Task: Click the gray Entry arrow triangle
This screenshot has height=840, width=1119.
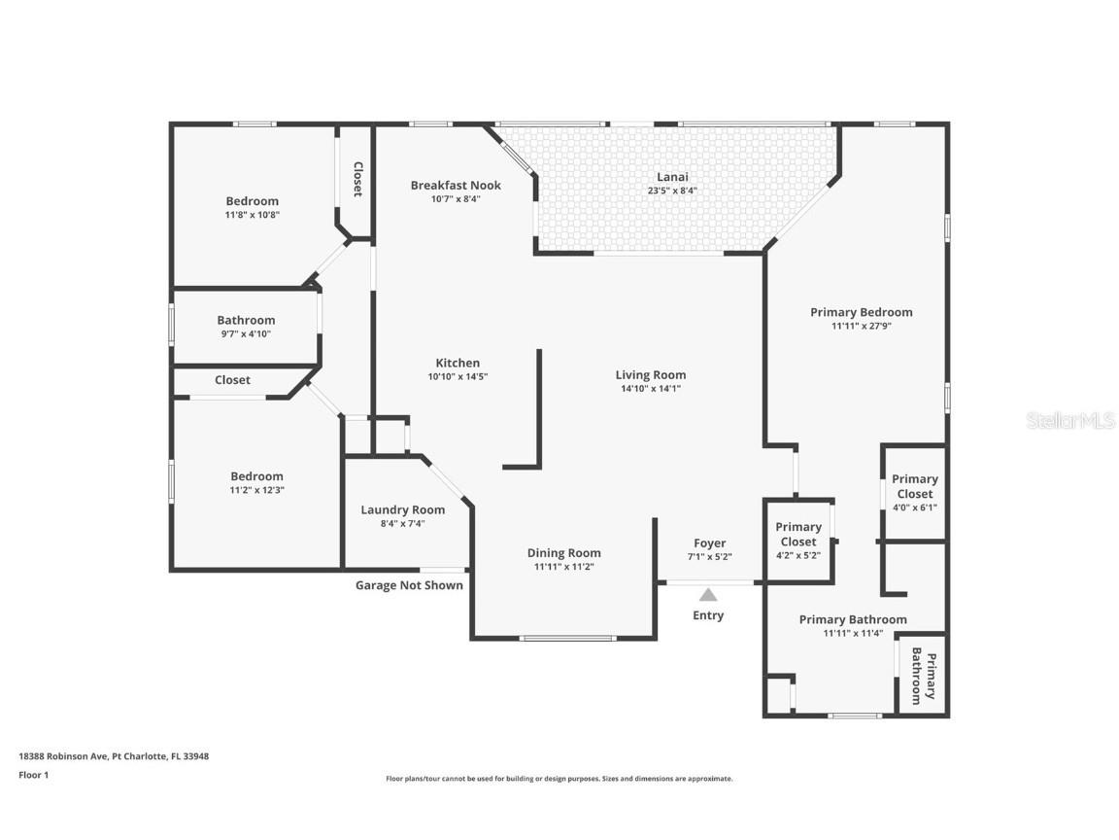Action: [708, 594]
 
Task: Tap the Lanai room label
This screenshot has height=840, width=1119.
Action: [672, 177]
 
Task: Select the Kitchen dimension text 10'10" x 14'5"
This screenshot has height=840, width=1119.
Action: [458, 376]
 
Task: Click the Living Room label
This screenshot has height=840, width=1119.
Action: [651, 375]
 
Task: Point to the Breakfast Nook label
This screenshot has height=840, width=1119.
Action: [456, 185]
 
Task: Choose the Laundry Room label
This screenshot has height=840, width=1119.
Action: [402, 510]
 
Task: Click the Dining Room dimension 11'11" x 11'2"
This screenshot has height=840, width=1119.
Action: [563, 567]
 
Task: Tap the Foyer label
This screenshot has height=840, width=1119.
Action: [709, 543]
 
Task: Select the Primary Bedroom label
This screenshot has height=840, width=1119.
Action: [862, 312]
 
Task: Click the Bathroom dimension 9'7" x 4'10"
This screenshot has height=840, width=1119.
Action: [246, 333]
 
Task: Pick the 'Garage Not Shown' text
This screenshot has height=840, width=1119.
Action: [409, 585]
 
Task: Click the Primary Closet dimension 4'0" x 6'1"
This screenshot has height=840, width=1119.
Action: [915, 507]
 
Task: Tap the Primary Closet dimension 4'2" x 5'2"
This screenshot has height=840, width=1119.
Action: [797, 555]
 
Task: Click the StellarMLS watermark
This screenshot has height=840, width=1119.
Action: [1070, 421]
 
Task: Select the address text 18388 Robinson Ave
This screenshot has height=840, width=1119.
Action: [63, 755]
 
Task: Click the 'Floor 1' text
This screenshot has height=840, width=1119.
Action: [34, 774]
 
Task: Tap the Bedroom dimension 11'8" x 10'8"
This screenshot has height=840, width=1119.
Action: [252, 214]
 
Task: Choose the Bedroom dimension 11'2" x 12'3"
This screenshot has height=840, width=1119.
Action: [256, 490]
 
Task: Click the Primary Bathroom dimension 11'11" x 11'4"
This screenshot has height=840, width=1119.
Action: [853, 633]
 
